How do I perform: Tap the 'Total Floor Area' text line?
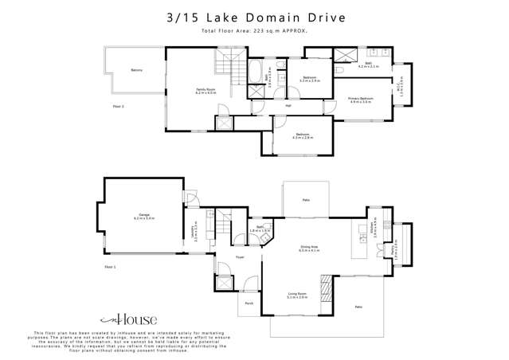[x=255, y=31]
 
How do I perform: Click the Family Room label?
[x=206, y=92]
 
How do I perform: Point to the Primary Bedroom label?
[x=361, y=100]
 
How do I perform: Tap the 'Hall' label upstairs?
[x=288, y=105]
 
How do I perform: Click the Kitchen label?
[x=372, y=229]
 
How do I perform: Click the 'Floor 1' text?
[x=111, y=267]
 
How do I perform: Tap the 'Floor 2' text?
[x=118, y=105]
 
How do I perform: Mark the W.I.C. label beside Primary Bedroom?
[x=400, y=86]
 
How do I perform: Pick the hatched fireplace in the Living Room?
[x=325, y=284]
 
